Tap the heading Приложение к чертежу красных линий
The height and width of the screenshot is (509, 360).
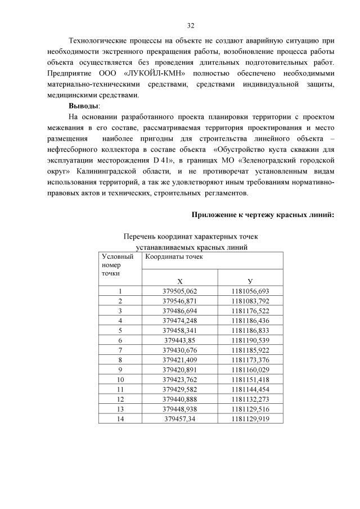click(x=263, y=214)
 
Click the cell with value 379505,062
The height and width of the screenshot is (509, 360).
click(x=179, y=291)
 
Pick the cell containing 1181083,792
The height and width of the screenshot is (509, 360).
click(x=250, y=301)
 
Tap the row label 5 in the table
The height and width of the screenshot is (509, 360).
click(x=120, y=330)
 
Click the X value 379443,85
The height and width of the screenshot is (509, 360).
click(x=179, y=340)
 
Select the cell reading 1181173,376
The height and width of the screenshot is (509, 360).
click(x=250, y=360)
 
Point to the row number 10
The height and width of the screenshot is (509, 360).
click(x=120, y=380)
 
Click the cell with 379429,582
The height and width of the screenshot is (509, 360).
click(x=179, y=389)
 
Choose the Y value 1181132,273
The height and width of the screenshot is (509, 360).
click(x=250, y=399)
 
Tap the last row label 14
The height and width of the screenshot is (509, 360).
click(x=120, y=418)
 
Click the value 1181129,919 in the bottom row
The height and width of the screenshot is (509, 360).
click(x=250, y=418)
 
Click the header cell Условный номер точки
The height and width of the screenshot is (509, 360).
click(x=120, y=265)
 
